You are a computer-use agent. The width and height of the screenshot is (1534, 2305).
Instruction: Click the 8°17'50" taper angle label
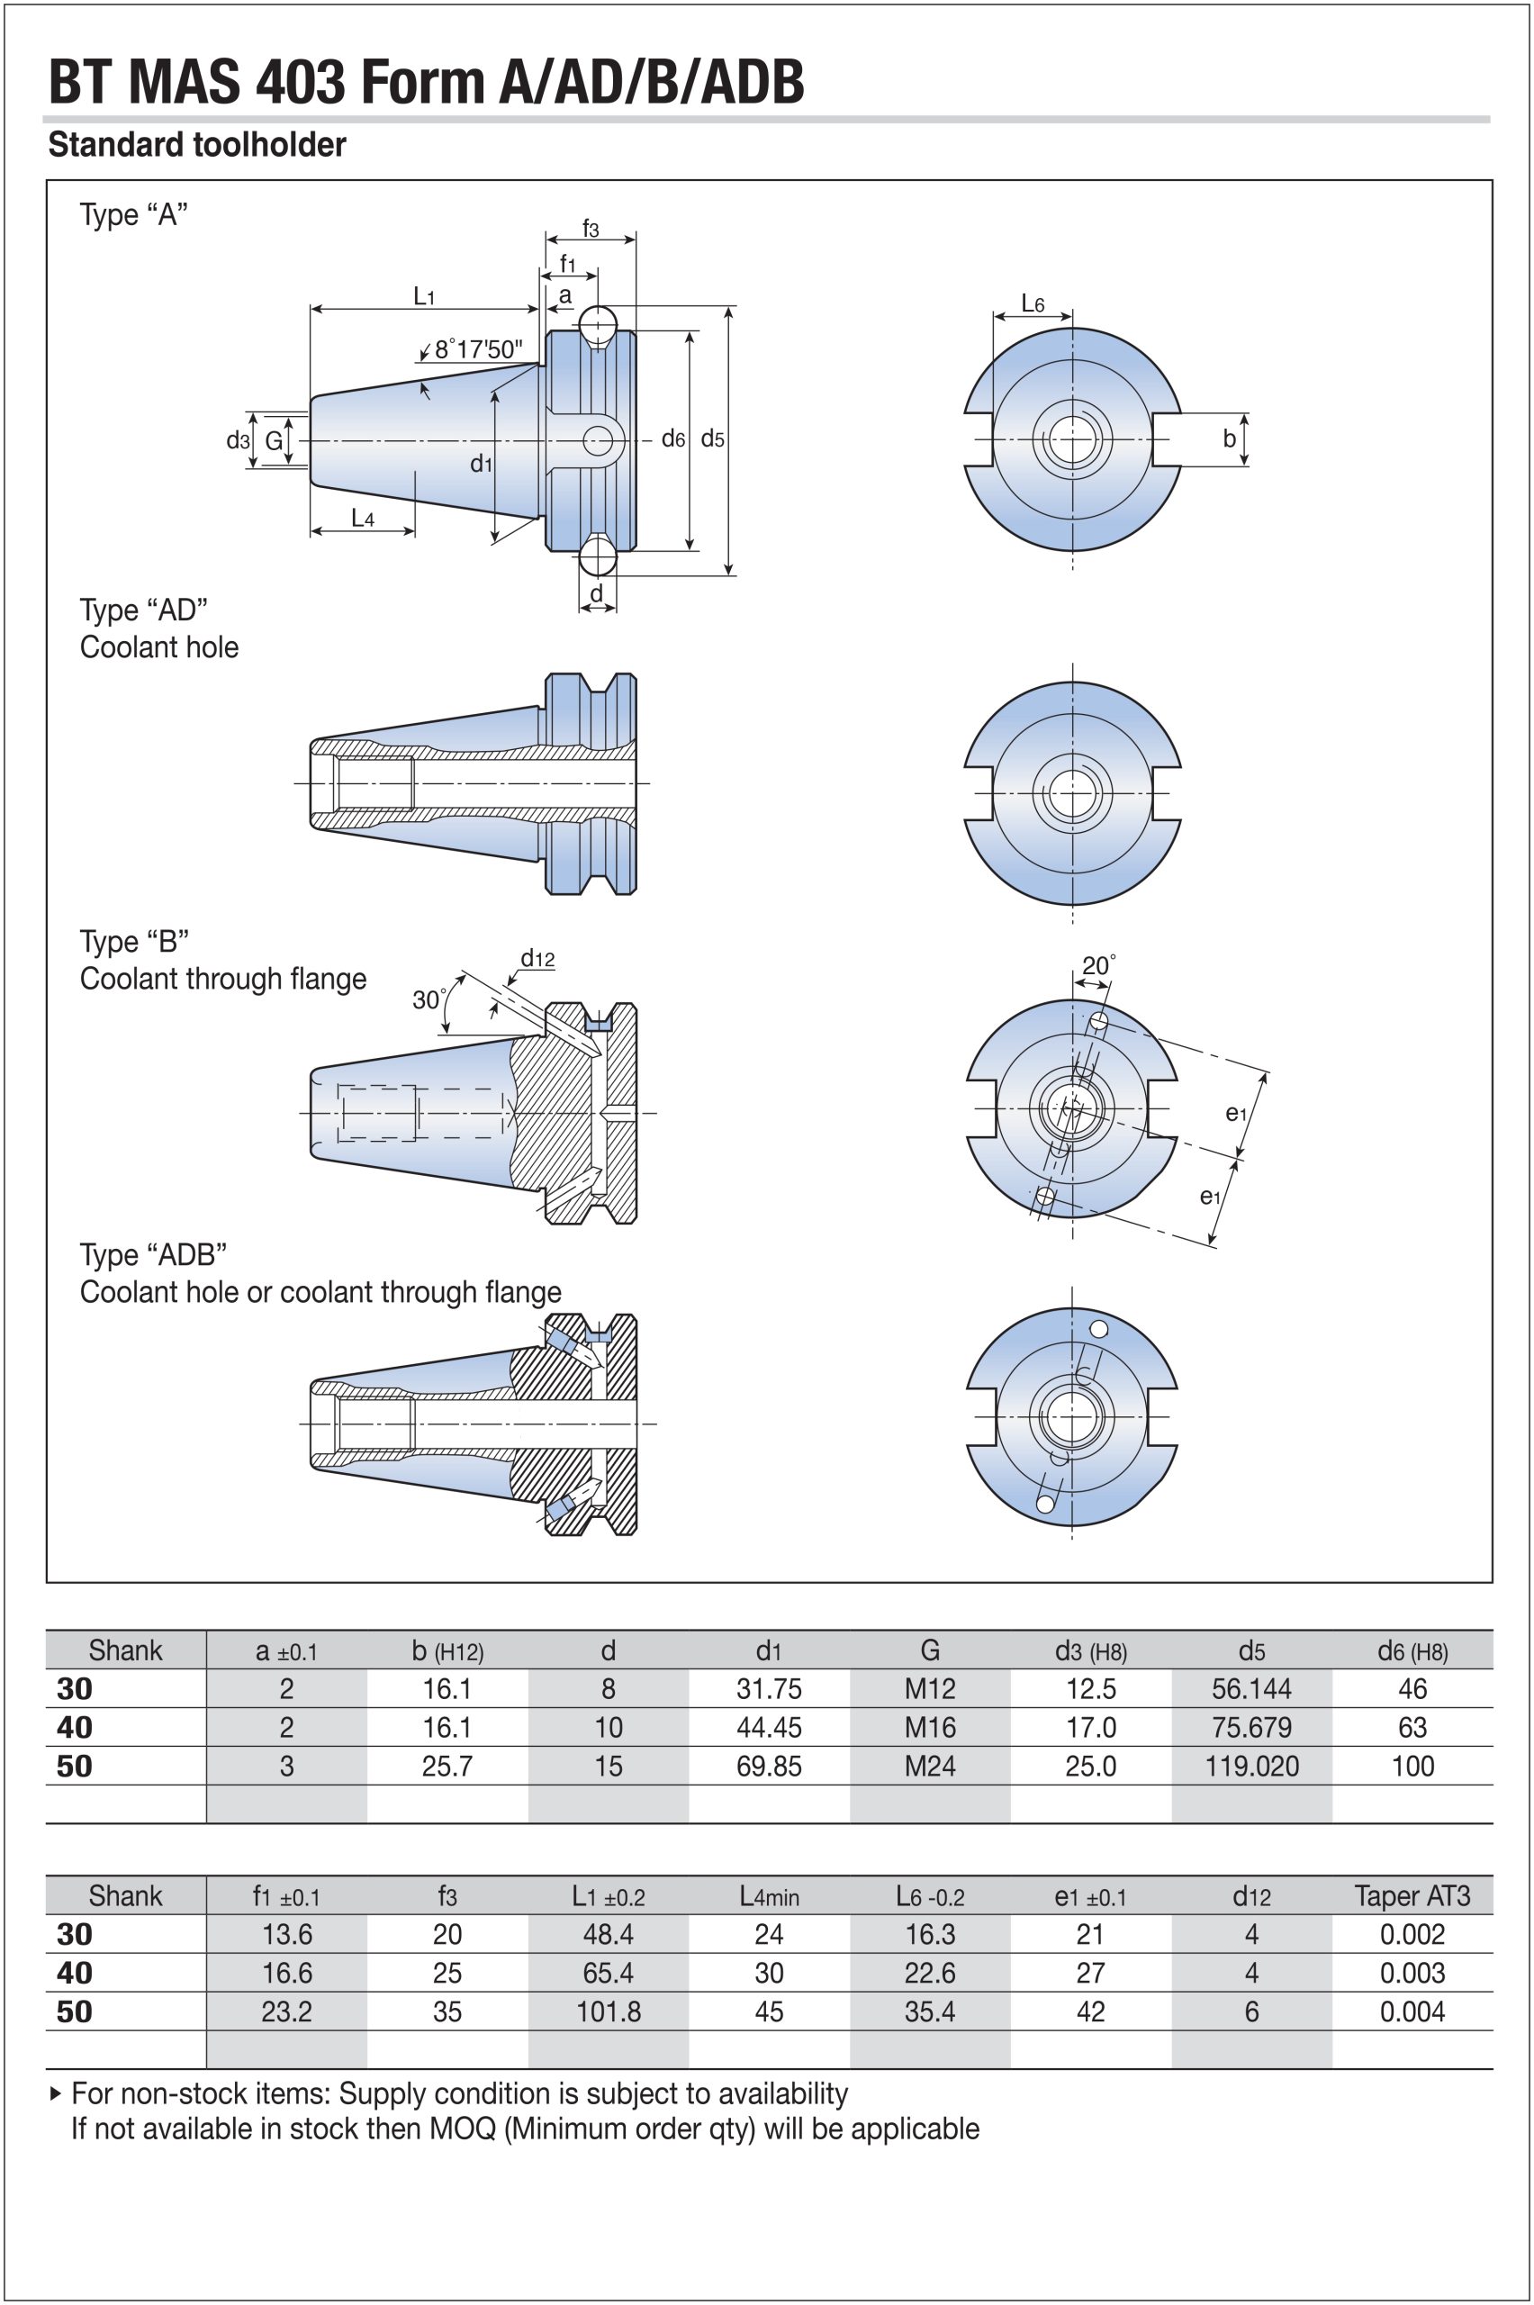tap(478, 349)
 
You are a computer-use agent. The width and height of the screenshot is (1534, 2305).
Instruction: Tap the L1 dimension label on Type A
tap(424, 295)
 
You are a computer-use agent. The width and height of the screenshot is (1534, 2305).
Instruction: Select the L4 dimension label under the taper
tap(363, 518)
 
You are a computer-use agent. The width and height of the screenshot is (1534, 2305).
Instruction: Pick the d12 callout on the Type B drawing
tap(537, 958)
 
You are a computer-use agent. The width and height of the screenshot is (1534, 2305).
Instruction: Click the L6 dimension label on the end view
tap(1033, 303)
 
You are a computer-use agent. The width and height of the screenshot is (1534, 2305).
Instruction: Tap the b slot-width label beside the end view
tap(1229, 438)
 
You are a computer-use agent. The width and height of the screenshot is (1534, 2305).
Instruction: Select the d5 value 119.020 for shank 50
tap(1251, 1766)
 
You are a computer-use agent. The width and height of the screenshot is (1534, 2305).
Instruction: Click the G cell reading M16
tap(929, 1727)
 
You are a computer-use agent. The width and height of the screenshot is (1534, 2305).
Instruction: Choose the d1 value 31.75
tap(769, 1688)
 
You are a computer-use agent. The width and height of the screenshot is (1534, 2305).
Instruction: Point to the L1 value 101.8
tap(608, 2011)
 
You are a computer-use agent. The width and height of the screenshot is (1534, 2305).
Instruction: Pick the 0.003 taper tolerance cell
tap(1412, 1973)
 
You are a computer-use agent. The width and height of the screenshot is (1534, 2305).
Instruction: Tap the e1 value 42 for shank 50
tap(1090, 2011)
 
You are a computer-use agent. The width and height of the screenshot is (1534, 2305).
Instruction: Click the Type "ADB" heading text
tap(154, 1254)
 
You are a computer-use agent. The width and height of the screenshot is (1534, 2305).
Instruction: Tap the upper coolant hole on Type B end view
tap(1098, 1021)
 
